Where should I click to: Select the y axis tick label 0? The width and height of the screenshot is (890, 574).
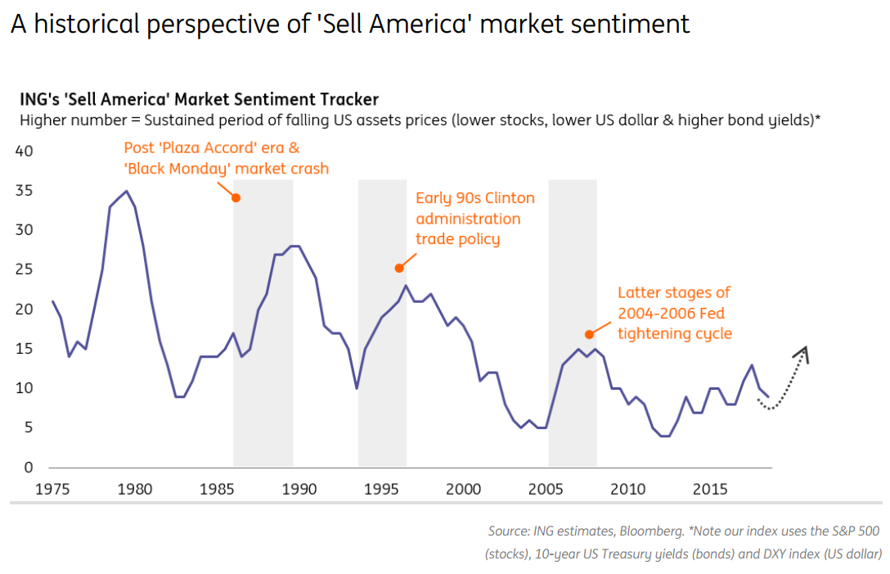[x=29, y=468]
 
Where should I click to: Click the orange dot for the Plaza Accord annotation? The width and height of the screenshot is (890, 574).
[x=236, y=197]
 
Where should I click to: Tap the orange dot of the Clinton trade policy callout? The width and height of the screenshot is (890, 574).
[x=399, y=268]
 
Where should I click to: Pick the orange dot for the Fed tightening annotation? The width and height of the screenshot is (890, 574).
[x=589, y=334]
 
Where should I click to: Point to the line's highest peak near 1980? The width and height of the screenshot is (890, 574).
[x=126, y=191]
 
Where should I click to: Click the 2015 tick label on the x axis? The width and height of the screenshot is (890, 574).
[x=710, y=490]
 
